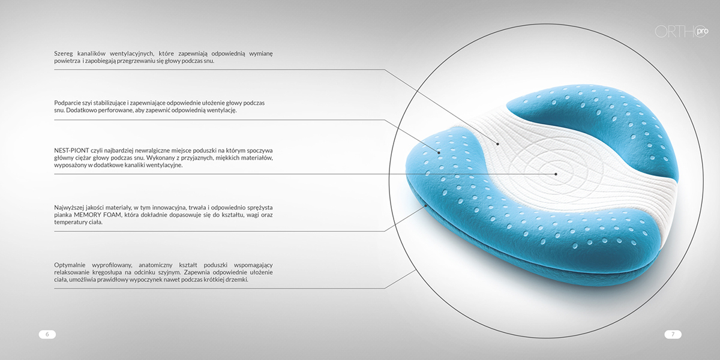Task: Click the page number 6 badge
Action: point(47,334)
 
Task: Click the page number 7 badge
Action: point(673,334)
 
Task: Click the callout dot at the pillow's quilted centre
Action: point(556,174)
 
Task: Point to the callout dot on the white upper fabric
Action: point(497,143)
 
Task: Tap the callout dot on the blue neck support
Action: point(439,152)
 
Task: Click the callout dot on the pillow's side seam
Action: point(427,205)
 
